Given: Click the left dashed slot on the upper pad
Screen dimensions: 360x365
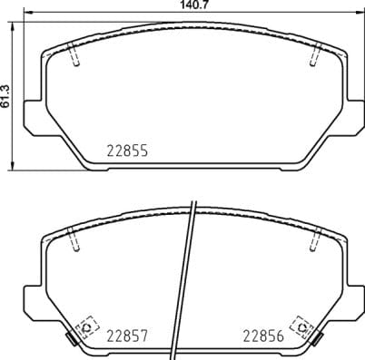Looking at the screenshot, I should [76, 55].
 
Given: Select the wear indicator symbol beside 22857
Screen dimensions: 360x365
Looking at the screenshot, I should [88, 325].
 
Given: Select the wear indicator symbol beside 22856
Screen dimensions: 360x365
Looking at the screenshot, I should [301, 325].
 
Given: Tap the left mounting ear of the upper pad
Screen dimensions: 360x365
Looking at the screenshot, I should [30, 115].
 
